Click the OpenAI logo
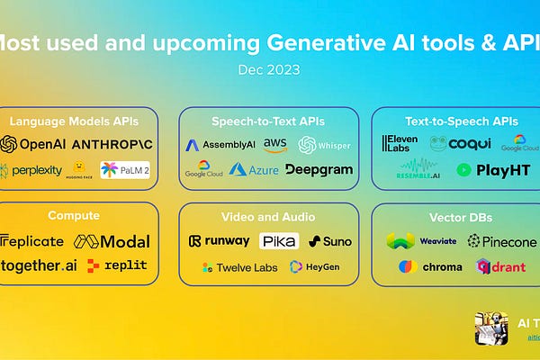tap(33, 144)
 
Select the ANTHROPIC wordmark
tap(112, 144)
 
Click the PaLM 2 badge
tap(125, 170)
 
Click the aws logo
tap(274, 144)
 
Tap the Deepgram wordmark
tap(319, 169)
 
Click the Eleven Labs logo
tap(400, 144)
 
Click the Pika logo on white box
tap(279, 241)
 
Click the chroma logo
tap(430, 266)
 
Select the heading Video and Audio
tap(268, 217)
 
